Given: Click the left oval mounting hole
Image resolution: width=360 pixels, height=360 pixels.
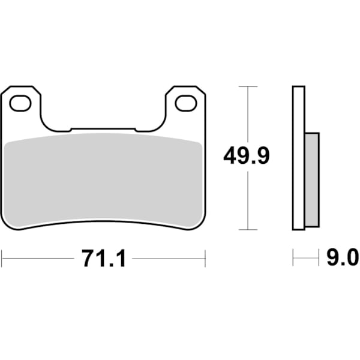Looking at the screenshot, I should click(x=20, y=104).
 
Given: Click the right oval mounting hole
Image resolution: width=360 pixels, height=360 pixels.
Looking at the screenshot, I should click(x=185, y=104).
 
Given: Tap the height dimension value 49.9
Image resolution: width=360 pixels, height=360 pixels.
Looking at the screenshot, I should click(x=247, y=157).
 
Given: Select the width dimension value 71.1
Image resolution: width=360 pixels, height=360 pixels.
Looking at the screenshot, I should click(x=103, y=259).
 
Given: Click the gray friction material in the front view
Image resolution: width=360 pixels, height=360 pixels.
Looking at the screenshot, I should click(x=103, y=180).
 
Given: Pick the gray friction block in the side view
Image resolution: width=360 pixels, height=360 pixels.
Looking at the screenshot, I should click(x=312, y=180).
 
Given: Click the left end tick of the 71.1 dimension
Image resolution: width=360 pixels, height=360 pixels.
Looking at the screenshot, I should click(x=2, y=259).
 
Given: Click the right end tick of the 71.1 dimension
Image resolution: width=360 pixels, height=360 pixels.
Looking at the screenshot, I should click(x=205, y=259).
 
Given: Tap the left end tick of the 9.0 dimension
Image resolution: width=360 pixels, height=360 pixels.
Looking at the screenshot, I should click(x=293, y=259).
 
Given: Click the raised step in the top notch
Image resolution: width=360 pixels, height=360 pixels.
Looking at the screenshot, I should click(x=103, y=128).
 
